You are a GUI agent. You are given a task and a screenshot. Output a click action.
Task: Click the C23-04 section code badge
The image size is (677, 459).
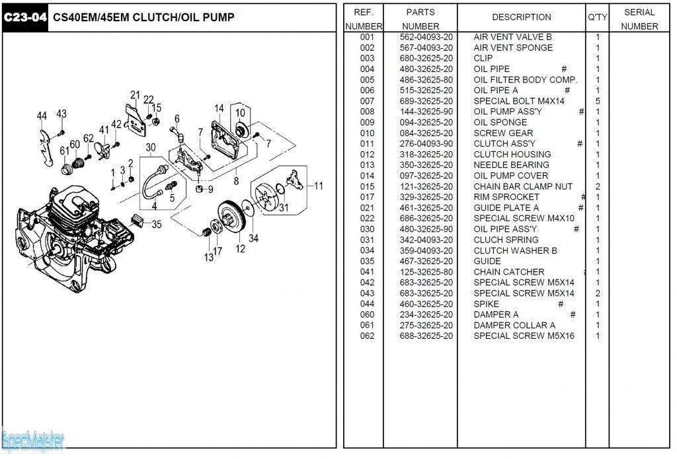(25, 18)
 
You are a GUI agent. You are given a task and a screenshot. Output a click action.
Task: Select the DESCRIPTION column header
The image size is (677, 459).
(521, 17)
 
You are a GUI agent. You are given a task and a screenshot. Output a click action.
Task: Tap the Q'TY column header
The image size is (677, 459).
(597, 17)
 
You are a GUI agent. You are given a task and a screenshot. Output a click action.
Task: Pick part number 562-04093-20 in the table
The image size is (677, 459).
(426, 37)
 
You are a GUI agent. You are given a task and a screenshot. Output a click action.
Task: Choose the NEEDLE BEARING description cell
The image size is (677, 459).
(511, 165)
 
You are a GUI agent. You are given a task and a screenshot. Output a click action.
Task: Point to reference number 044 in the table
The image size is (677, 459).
(367, 304)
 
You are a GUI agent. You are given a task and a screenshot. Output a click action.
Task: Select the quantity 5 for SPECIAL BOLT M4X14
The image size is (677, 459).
(598, 101)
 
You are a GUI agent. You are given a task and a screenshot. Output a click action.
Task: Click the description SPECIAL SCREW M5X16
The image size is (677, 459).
(524, 335)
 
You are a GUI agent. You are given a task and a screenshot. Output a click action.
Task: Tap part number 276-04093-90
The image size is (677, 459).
(426, 144)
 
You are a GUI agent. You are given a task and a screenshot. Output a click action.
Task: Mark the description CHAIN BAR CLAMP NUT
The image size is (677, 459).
(523, 186)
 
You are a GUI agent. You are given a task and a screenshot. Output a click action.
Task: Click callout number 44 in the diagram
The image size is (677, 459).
(42, 116)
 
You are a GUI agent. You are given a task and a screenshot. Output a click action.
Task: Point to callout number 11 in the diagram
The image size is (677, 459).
(318, 186)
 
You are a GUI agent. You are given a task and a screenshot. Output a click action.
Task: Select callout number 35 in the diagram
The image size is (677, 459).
(157, 224)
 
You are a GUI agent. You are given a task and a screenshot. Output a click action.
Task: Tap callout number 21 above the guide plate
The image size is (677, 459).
(135, 94)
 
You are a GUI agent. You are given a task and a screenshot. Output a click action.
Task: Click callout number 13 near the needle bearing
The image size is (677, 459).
(208, 257)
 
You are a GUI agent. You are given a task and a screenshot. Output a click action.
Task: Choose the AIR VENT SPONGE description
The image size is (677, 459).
(513, 48)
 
